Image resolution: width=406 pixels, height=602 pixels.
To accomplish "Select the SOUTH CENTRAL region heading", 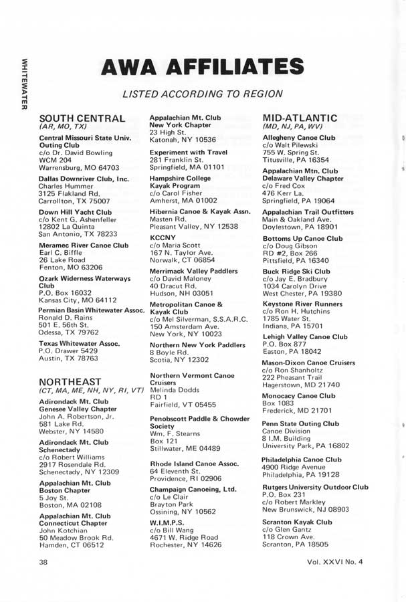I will tap(82, 118).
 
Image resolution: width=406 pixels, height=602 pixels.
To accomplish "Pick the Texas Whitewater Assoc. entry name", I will tap(80, 343).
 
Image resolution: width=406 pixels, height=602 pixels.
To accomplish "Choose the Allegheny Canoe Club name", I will tap(299, 138).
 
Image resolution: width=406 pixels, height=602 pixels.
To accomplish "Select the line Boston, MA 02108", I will tap(70, 505).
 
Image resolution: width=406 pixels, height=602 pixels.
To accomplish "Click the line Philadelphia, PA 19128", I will tap(302, 475).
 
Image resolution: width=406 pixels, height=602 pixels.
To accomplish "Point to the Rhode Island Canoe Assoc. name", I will tap(194, 464).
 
